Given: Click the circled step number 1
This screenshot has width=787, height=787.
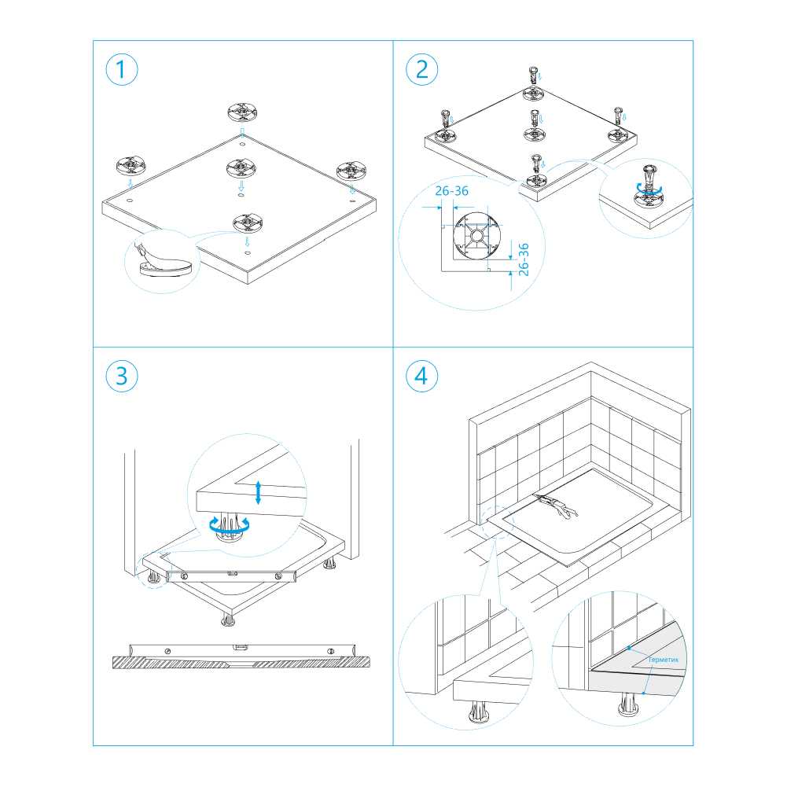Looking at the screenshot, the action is point(121,70).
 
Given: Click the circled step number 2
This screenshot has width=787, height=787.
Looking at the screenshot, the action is point(421,70).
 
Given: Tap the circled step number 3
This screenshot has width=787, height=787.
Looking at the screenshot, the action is point(121,376).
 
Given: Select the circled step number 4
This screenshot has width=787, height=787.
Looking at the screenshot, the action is point(421,376).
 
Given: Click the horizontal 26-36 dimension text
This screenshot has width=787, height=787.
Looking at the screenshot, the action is point(452,191).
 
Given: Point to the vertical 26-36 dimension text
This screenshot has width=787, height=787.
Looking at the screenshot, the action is point(524,259).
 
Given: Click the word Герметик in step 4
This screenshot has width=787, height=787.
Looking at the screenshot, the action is point(663,660).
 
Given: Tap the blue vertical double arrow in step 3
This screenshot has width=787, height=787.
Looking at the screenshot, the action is point(258,492).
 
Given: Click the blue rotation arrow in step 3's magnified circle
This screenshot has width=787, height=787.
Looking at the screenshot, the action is point(230,525).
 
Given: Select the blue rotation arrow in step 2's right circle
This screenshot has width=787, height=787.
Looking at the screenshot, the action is point(649,189).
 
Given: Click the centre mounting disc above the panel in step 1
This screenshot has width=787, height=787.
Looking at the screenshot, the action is point(241,168).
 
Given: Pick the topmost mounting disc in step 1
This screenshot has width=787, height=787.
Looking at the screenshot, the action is point(242,112).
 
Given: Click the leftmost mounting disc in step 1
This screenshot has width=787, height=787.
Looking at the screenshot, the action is point(131,166).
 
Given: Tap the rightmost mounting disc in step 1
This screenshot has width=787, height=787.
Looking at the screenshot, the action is point(351,171).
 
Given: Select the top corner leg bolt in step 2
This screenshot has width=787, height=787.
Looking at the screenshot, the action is point(534,75).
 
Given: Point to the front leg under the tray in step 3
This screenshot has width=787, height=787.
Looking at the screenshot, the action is point(228,620).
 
